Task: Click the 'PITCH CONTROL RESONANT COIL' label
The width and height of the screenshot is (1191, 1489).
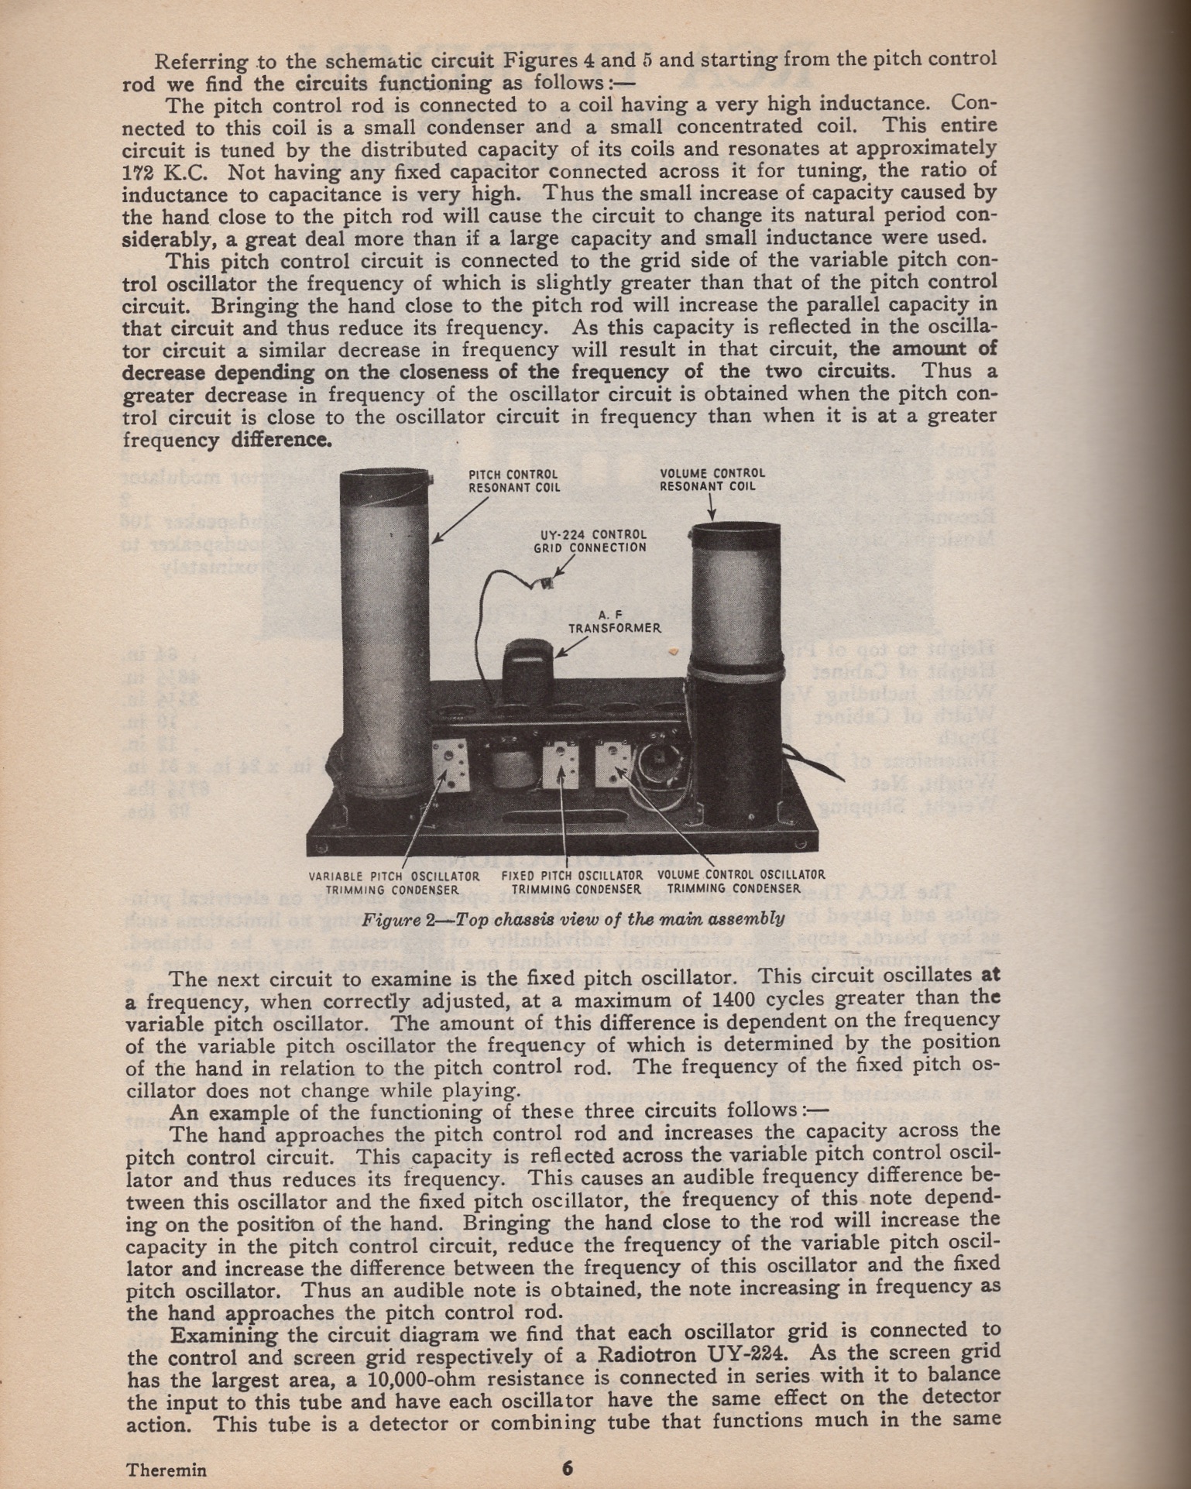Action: tap(513, 481)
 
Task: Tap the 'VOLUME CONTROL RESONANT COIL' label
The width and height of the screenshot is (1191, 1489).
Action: tap(712, 479)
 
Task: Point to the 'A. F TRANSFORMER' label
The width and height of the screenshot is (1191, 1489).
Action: tap(615, 621)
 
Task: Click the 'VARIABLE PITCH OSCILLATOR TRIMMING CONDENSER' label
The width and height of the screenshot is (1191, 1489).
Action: tap(393, 883)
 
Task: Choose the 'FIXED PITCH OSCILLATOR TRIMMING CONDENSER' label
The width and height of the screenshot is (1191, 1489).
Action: tap(571, 882)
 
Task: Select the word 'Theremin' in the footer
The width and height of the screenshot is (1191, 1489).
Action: tap(166, 1470)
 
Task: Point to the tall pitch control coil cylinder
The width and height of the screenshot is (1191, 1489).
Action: tap(385, 635)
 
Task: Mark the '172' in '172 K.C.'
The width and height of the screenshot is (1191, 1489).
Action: tap(140, 173)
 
